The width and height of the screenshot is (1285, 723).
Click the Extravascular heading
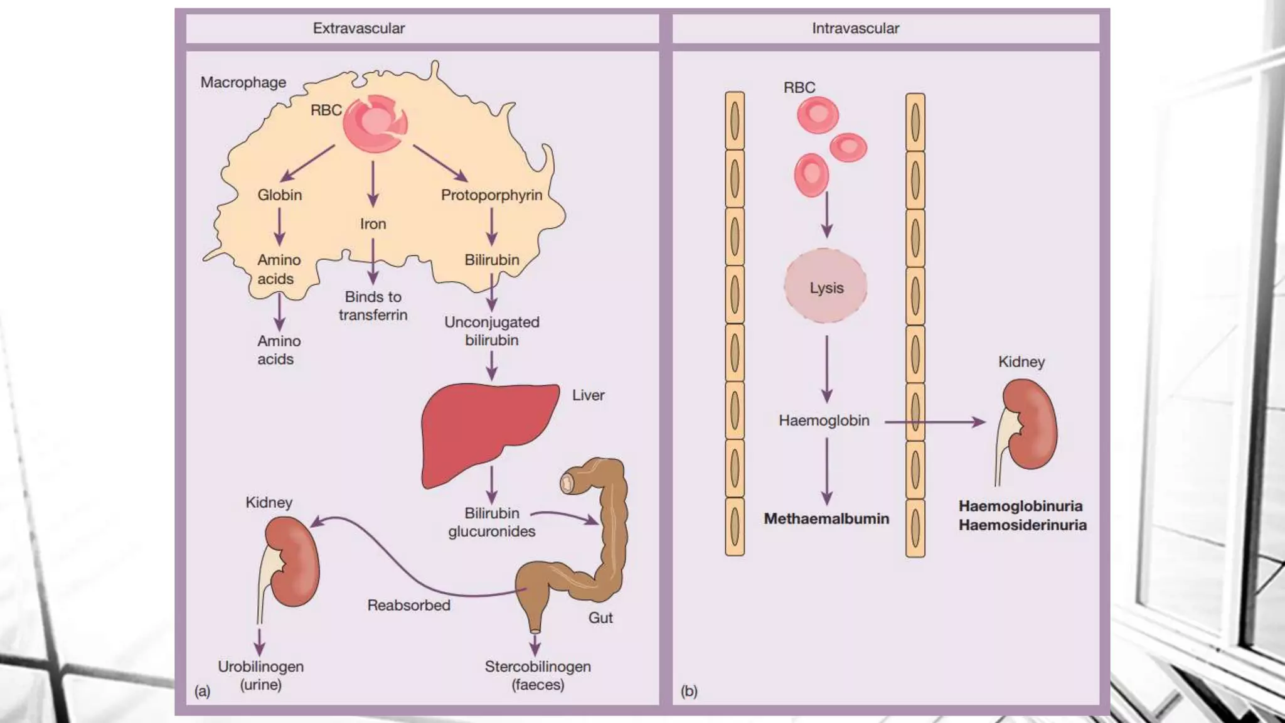pos(358,28)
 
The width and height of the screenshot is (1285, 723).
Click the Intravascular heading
pos(855,28)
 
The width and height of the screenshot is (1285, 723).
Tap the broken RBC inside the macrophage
pos(375,124)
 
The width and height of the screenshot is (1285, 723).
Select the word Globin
pos(280,195)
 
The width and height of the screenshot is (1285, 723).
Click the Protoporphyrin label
pos(491,195)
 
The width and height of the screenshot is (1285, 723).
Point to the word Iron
pos(373,224)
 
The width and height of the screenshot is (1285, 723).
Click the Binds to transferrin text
pos(373,306)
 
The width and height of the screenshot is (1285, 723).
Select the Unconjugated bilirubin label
pos(491,331)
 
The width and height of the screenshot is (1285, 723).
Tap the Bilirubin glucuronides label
pos(491,522)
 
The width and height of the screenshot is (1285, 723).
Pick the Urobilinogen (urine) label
pos(260,675)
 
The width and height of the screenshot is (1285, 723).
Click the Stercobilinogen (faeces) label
pos(537,675)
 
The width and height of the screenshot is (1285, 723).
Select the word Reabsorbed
pos(408,606)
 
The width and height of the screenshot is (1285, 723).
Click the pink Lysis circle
pos(826,287)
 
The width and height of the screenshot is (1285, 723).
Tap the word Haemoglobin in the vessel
pos(824,420)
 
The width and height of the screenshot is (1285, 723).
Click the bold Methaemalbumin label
pos(826,519)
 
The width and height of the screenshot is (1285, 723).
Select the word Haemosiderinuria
pos(1022,525)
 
